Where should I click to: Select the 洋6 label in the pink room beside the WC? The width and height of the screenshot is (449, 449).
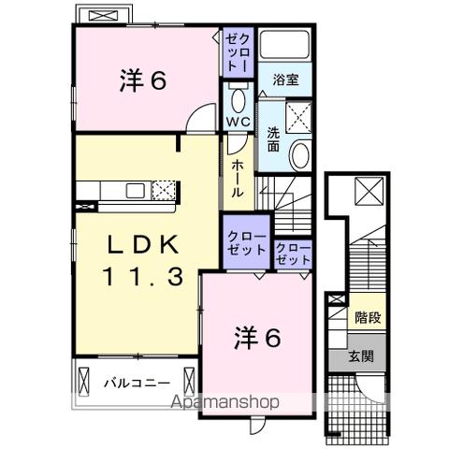click(x=142, y=81)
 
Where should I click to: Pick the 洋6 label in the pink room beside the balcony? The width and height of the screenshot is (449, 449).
click(x=255, y=340)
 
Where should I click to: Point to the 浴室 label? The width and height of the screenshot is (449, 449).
click(x=287, y=81)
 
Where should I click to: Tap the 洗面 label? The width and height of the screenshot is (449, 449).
click(x=273, y=138)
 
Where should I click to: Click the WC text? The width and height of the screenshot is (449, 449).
click(x=237, y=122)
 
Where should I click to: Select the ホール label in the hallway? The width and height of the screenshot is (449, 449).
click(x=238, y=177)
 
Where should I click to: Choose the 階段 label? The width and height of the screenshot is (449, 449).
click(x=367, y=318)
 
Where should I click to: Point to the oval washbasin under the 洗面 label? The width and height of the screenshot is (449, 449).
click(x=300, y=155)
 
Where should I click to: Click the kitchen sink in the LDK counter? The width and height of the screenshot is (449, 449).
click(x=134, y=192)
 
